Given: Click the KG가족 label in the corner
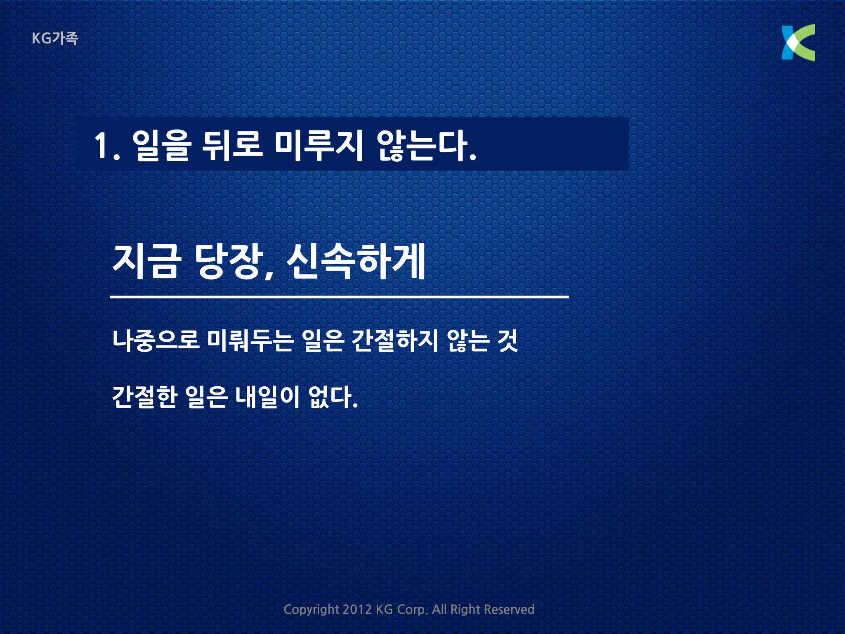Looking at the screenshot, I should (x=55, y=38).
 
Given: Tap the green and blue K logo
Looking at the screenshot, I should (x=798, y=43).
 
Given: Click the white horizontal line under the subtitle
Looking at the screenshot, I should (x=339, y=296).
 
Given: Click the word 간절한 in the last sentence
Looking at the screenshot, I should (x=145, y=397).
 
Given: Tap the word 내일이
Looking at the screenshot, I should (x=267, y=397).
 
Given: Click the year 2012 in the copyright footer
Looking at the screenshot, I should (x=357, y=609).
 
